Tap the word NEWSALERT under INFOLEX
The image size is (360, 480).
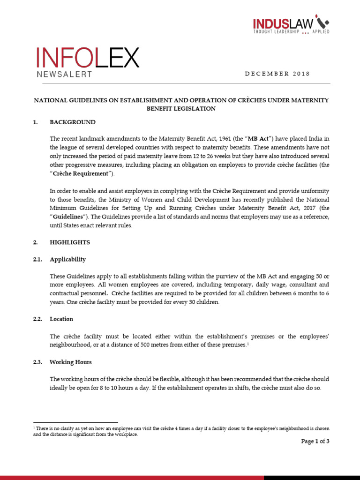(x=64, y=74)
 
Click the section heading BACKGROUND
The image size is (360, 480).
(x=73, y=122)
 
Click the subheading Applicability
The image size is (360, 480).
(x=68, y=259)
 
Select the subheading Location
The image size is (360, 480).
(x=61, y=319)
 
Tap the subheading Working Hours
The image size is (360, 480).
(x=71, y=362)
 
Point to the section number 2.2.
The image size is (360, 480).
(x=37, y=319)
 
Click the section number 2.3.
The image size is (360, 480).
(x=37, y=362)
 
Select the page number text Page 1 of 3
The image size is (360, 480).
(x=315, y=441)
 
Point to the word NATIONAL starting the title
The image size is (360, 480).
(x=49, y=100)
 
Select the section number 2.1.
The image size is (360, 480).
(x=37, y=259)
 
